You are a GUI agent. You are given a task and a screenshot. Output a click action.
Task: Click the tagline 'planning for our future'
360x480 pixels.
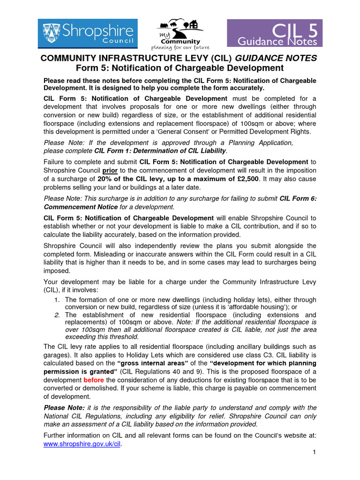tap(180, 48)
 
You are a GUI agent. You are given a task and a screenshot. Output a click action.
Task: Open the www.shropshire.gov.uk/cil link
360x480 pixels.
tap(82, 443)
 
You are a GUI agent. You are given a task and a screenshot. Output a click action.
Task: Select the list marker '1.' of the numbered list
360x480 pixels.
tap(57, 300)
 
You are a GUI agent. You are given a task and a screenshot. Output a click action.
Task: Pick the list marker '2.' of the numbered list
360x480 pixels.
tap(57, 315)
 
